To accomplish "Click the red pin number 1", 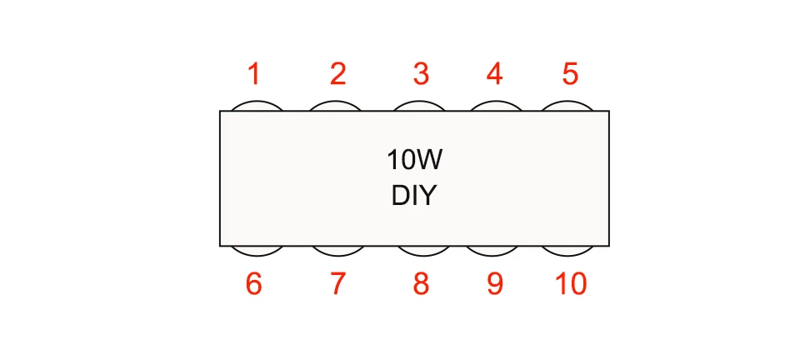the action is pyautogui.click(x=254, y=75).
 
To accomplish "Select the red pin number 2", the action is pyautogui.click(x=337, y=75).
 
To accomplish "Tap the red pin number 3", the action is pyautogui.click(x=421, y=75).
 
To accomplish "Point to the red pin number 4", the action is pyautogui.click(x=494, y=75).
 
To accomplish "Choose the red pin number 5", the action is pyautogui.click(x=570, y=75).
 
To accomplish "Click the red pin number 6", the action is pyautogui.click(x=254, y=284).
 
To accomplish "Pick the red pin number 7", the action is pyautogui.click(x=337, y=284).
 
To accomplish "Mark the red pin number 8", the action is pyautogui.click(x=421, y=284).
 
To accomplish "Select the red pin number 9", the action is pyautogui.click(x=494, y=284).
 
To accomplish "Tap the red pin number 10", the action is pyautogui.click(x=571, y=284).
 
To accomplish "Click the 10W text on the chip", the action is pyautogui.click(x=414, y=158).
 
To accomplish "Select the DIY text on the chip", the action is pyautogui.click(x=414, y=197).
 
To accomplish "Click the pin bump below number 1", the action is pyautogui.click(x=254, y=106).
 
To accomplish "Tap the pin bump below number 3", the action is pyautogui.click(x=421, y=106).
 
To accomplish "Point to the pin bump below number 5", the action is pyautogui.click(x=568, y=106).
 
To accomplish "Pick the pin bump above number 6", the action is pyautogui.click(x=254, y=250).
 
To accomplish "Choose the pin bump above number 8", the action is pyautogui.click(x=421, y=250).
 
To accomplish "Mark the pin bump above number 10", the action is pyautogui.click(x=568, y=250).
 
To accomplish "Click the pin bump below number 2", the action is pyautogui.click(x=337, y=106).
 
